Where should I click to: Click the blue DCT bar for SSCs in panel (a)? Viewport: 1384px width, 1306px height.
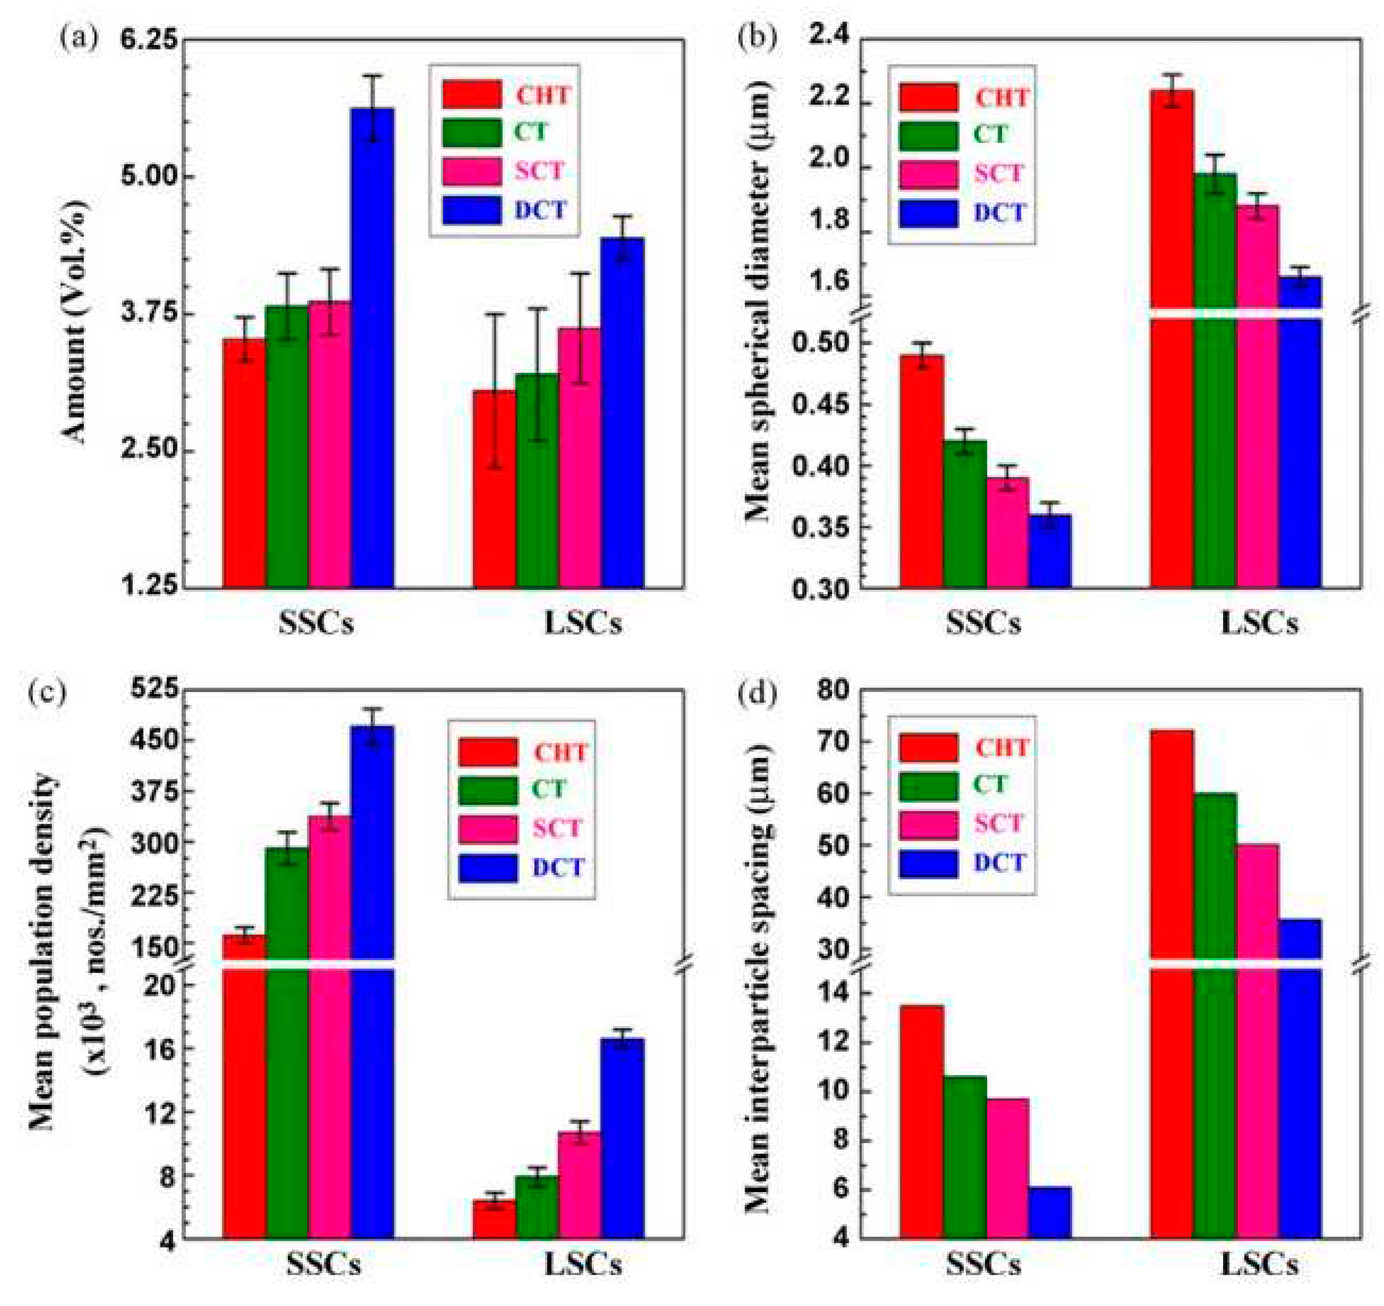click(372, 348)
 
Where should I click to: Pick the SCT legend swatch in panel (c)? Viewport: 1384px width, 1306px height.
click(487, 828)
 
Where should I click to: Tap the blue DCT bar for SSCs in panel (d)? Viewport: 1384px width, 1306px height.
click(1049, 1212)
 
